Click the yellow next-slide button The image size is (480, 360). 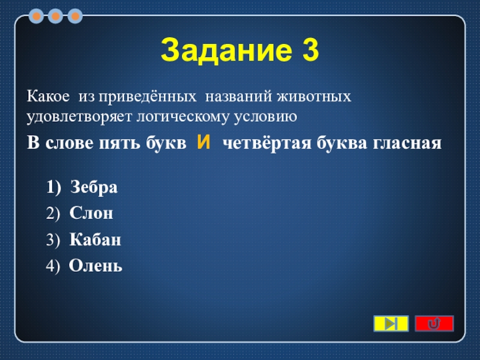[391, 323]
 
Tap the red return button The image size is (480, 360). [434, 323]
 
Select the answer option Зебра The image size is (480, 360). [94, 187]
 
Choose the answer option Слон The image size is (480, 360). [91, 213]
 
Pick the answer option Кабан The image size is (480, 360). [95, 239]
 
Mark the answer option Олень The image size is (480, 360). [95, 265]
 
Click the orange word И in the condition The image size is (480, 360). [203, 142]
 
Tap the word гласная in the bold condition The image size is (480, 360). [407, 143]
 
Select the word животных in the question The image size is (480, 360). [314, 97]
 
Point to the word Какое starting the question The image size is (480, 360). [49, 97]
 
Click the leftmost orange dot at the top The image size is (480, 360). [36, 16]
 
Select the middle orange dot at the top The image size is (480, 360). [55, 16]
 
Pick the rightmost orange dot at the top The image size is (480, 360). [75, 16]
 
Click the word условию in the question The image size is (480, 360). [266, 117]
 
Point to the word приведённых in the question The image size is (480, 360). [147, 97]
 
